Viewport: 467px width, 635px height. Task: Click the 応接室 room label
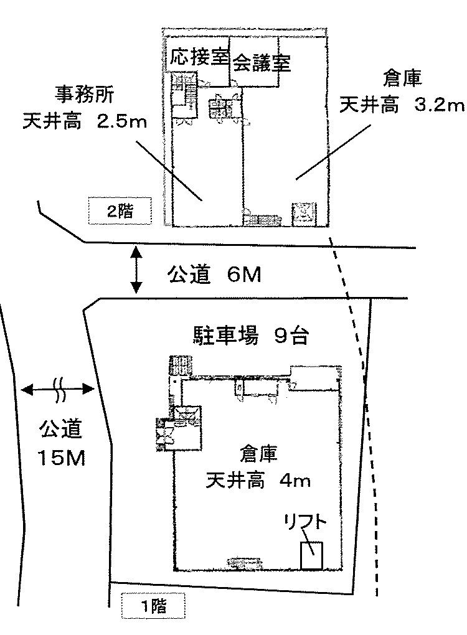[x=199, y=57]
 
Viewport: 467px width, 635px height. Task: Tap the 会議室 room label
[x=262, y=63]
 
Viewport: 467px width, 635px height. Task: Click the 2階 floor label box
[x=120, y=211]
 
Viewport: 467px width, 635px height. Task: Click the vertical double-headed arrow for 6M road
[x=136, y=270]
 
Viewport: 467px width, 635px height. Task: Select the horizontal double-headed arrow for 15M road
[x=57, y=390]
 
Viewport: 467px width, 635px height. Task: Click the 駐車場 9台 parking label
[x=248, y=336]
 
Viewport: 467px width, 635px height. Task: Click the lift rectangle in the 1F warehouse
[x=311, y=555]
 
